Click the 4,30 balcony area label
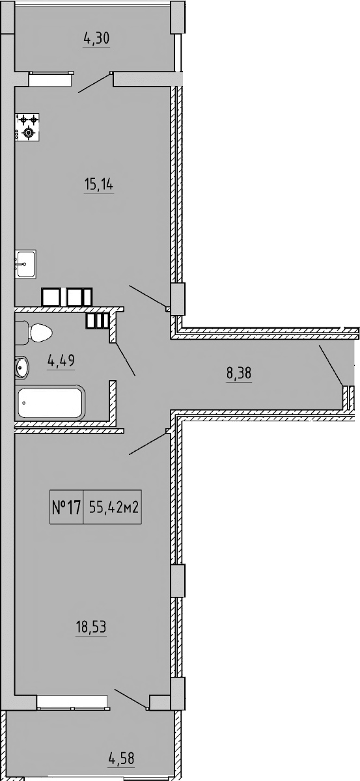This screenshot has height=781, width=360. click(96, 38)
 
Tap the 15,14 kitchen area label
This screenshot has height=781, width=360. click(98, 185)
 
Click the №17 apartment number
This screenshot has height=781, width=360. click(66, 508)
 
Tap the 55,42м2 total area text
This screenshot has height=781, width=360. click(113, 508)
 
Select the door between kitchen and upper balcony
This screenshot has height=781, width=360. click(95, 83)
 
